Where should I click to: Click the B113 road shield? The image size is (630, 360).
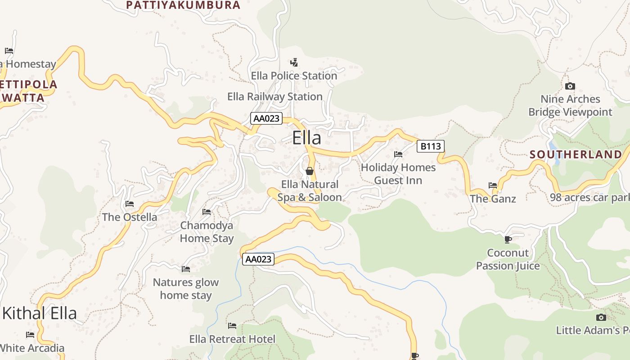431,146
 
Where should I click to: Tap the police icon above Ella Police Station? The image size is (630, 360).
294,62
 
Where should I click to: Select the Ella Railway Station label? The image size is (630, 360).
275,97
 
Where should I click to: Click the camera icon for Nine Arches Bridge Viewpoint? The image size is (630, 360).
570,86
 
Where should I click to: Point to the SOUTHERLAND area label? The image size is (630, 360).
575,154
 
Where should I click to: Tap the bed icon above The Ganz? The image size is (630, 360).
493,185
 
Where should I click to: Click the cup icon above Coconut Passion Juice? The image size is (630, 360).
508,239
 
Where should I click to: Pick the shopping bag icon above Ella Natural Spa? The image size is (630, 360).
310,171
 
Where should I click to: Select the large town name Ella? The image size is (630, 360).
307,138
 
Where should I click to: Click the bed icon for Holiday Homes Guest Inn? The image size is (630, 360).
398,154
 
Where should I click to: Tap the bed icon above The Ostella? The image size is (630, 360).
130,204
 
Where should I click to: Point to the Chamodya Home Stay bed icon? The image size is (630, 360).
207,211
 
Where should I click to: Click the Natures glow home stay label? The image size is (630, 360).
186,289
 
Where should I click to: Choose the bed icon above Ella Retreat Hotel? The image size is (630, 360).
232,325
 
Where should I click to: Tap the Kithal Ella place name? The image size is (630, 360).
40,313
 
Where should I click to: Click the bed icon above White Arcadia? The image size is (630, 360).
30,334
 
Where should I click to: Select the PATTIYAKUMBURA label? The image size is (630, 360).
183,5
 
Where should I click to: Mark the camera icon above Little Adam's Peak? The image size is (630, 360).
601,317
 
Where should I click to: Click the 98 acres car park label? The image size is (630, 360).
589,198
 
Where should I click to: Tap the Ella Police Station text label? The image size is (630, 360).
294,76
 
